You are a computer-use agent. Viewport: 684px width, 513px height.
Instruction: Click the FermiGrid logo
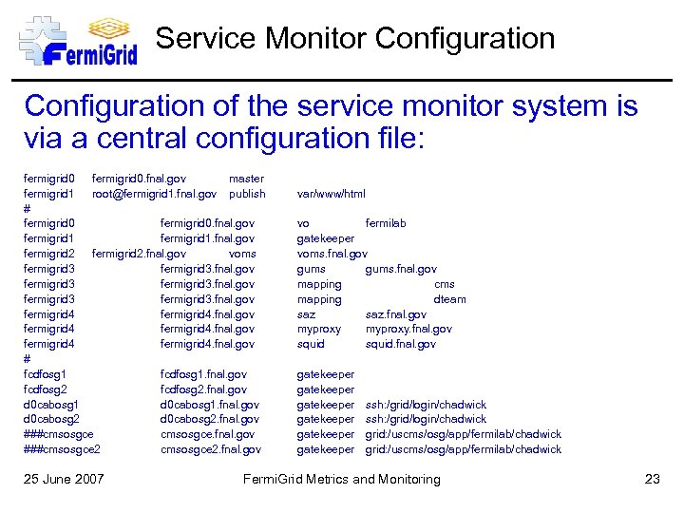(78, 40)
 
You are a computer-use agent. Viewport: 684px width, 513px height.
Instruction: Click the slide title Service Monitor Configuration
(355, 39)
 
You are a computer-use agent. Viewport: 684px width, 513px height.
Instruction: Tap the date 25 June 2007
(64, 479)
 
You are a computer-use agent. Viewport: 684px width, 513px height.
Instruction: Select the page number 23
(652, 479)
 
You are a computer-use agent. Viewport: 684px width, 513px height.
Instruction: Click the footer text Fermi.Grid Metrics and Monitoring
(342, 479)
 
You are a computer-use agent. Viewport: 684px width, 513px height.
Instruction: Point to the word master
(246, 179)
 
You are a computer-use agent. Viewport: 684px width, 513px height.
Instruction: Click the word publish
(247, 194)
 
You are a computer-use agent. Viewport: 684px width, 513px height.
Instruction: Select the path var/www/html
(332, 194)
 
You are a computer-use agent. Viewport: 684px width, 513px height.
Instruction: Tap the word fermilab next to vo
(386, 223)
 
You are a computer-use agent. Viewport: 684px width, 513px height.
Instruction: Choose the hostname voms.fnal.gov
(332, 254)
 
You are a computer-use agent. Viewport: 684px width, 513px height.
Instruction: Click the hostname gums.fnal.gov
(401, 269)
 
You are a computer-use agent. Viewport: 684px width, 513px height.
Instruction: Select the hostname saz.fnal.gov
(396, 314)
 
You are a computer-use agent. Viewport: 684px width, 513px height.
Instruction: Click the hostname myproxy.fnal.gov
(408, 330)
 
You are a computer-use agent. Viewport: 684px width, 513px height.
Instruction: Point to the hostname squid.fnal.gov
(401, 344)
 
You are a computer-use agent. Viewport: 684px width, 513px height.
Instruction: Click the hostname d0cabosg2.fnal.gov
(210, 419)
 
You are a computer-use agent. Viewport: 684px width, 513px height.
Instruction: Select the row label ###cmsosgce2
(63, 449)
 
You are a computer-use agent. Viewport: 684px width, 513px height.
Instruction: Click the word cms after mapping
(445, 284)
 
